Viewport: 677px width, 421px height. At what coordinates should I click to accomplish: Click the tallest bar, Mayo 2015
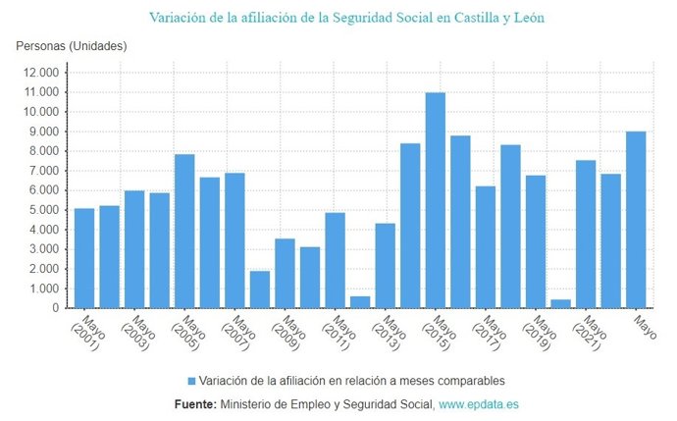pyautogui.click(x=436, y=201)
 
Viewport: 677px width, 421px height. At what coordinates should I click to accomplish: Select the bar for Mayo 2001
pyautogui.click(x=84, y=258)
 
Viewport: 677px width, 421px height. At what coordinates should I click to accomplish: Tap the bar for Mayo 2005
pyautogui.click(x=184, y=232)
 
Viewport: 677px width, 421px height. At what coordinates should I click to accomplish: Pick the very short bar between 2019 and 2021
pyautogui.click(x=561, y=303)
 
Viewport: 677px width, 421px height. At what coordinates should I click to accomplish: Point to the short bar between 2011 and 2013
pyautogui.click(x=360, y=302)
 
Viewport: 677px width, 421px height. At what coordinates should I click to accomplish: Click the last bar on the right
pyautogui.click(x=636, y=220)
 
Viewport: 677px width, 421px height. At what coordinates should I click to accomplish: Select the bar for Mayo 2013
pyautogui.click(x=386, y=266)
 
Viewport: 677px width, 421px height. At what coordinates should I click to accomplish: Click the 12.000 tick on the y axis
pyautogui.click(x=42, y=73)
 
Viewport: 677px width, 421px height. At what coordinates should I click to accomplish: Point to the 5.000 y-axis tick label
pyautogui.click(x=45, y=210)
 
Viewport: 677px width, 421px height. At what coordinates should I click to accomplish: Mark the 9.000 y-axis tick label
pyautogui.click(x=45, y=132)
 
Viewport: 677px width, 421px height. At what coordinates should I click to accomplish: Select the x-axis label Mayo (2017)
pyautogui.click(x=491, y=335)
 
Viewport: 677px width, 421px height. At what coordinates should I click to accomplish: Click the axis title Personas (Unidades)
pyautogui.click(x=72, y=46)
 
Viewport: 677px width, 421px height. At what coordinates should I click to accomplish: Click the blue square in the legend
pyautogui.click(x=191, y=381)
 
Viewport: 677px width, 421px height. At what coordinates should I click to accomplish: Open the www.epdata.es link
pyautogui.click(x=480, y=404)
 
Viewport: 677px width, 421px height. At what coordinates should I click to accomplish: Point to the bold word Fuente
pyautogui.click(x=194, y=404)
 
